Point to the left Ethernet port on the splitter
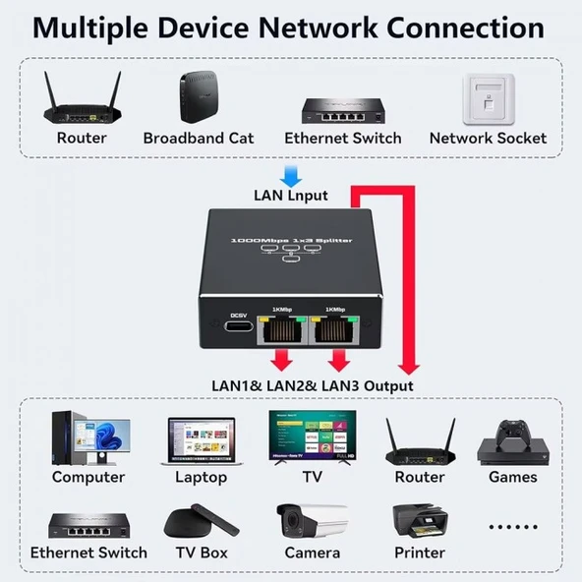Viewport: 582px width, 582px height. (x=283, y=334)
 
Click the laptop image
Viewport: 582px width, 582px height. (x=201, y=440)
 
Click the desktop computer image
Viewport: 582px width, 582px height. (x=87, y=437)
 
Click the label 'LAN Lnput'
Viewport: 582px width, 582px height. (x=290, y=196)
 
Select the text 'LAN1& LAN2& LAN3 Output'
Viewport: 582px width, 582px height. (x=313, y=385)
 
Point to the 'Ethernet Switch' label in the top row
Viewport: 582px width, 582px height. (x=342, y=138)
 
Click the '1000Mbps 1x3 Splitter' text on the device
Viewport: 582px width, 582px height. (x=291, y=240)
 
